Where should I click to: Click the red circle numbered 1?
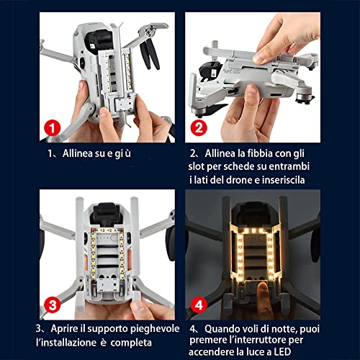[x=53, y=128]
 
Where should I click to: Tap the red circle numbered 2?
[x=199, y=128]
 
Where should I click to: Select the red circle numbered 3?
[x=53, y=305]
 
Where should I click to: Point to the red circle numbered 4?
[x=199, y=305]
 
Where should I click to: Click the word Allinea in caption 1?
[x=78, y=153]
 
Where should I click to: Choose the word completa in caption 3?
[x=131, y=343]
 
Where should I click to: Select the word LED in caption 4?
[x=282, y=352]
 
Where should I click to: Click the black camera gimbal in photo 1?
[x=99, y=42]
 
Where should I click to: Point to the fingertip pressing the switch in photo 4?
[x=262, y=287]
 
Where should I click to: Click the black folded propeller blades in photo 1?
[x=149, y=53]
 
